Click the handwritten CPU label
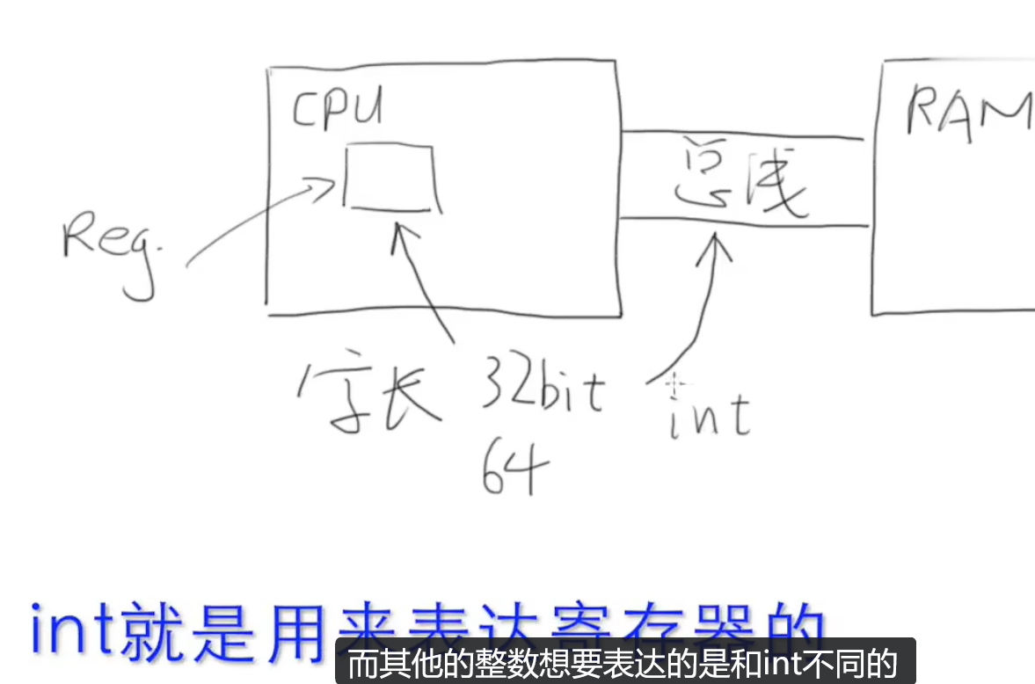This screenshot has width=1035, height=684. [339, 112]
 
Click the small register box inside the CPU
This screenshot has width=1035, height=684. [390, 178]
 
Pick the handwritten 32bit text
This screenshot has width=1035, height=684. [541, 390]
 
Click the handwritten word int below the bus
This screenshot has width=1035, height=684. [709, 415]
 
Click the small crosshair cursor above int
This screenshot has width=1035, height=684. [675, 383]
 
